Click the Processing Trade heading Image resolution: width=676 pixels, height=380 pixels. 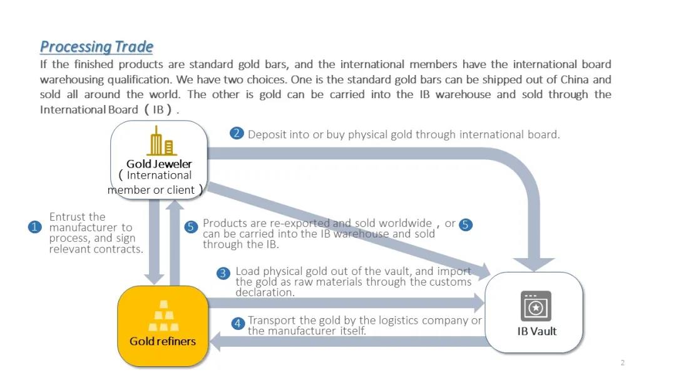point(96,47)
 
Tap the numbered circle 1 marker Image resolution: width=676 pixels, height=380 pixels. point(35,227)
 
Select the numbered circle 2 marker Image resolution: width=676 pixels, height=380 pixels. point(237,133)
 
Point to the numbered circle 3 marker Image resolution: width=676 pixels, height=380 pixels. point(223,273)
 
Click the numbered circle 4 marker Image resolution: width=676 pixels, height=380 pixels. point(238,323)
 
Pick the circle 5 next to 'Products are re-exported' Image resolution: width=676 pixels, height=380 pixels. point(192,227)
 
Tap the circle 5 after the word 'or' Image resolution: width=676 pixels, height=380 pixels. point(466,225)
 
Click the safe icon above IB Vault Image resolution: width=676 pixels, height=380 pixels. point(536,306)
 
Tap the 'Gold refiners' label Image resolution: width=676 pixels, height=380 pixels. point(163,341)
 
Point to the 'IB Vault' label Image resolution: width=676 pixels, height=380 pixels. point(536,331)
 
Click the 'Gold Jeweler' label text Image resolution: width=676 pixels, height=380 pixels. point(159,164)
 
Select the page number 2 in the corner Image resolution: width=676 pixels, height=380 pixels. point(622,363)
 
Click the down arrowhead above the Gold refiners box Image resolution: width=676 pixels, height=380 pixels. point(154,277)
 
